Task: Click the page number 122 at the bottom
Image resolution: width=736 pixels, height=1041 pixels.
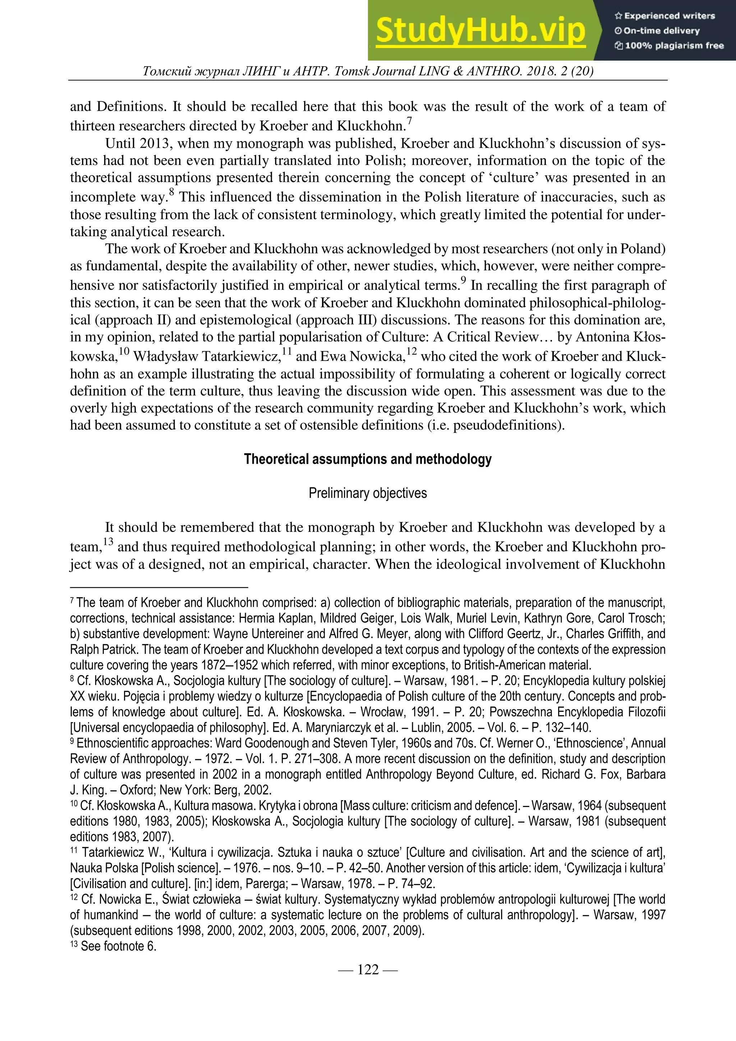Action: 368,970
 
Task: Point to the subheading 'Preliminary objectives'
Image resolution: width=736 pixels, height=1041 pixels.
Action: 368,493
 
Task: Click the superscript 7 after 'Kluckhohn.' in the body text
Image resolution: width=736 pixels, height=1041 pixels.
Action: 409,121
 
